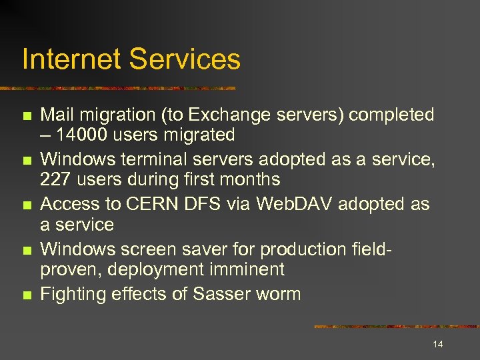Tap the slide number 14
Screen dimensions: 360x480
click(x=438, y=344)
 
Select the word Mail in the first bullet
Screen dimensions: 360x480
click(x=56, y=115)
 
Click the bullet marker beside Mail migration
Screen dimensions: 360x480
click(x=27, y=116)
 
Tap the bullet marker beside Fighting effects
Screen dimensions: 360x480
click(x=27, y=295)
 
